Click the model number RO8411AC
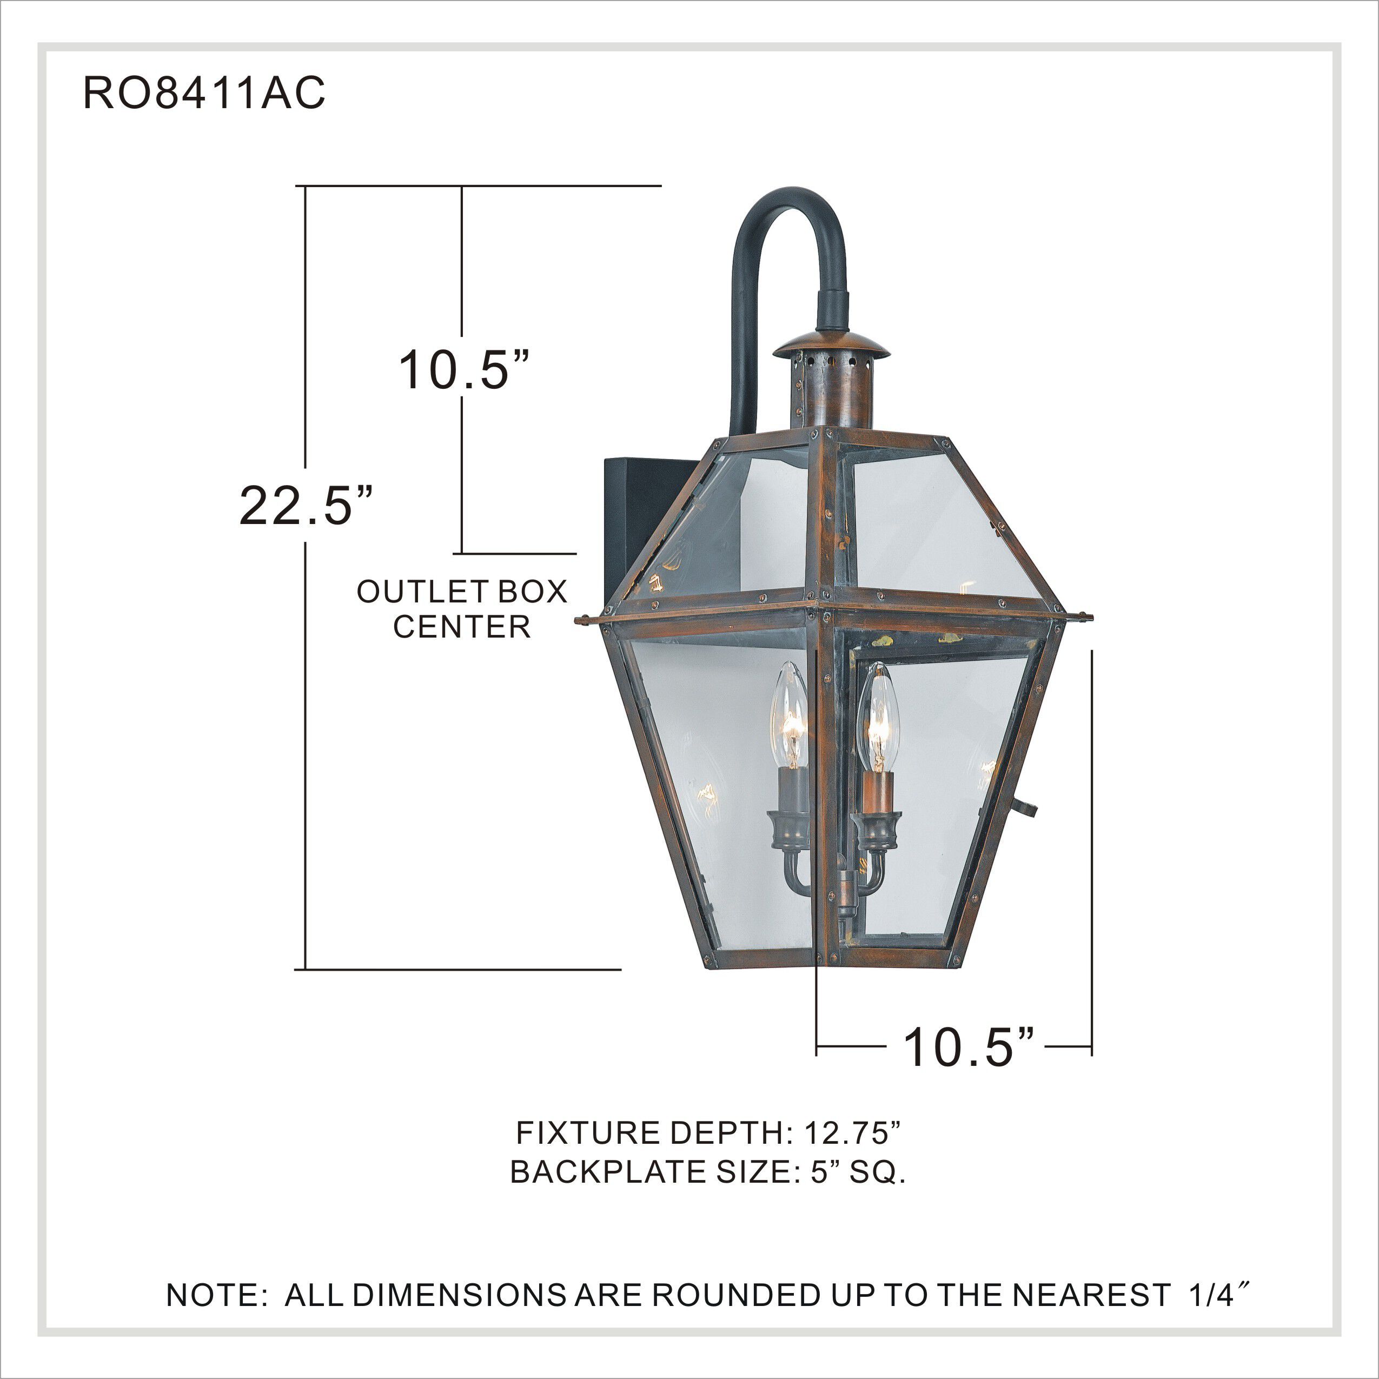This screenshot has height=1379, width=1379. click(204, 93)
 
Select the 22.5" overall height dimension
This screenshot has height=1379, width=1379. click(306, 505)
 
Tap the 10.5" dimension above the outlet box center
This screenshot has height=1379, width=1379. click(462, 370)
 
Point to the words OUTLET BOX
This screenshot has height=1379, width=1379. click(462, 592)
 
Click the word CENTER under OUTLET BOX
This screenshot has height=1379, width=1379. click(462, 627)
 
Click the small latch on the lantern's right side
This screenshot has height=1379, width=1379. click(1026, 807)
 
